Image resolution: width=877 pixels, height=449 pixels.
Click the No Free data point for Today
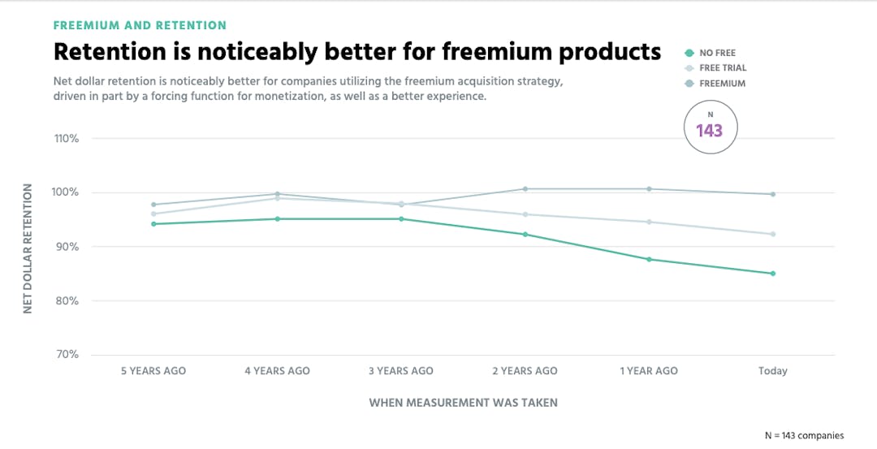pos(772,274)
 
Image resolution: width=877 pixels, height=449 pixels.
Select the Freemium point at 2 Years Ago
pos(525,189)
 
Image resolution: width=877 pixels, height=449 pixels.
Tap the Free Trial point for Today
pos(772,234)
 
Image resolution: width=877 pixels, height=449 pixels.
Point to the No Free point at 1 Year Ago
pos(649,259)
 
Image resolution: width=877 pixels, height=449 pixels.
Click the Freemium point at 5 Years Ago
pos(153,205)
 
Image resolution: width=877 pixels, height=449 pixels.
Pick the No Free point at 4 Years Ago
pos(277,218)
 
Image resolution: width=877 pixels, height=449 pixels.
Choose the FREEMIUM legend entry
pos(722,84)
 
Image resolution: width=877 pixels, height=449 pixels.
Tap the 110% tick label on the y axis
pos(67,139)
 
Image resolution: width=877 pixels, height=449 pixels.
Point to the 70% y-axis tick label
pos(67,355)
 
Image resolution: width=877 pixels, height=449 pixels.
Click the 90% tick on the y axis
pos(67,247)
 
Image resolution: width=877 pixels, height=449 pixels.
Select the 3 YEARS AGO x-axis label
pos(401,371)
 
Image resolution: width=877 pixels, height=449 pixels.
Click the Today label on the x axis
pos(773,371)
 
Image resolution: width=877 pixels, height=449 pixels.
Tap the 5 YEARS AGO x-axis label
pos(153,371)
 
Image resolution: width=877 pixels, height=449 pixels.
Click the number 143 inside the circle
pos(709,131)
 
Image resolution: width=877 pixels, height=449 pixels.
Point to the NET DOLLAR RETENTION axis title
pos(28,248)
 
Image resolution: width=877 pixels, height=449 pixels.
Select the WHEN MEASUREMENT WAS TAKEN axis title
pos(463,402)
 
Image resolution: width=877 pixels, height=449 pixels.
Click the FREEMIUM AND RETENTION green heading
pos(140,26)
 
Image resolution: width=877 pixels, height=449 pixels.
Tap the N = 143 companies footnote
pos(804,435)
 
